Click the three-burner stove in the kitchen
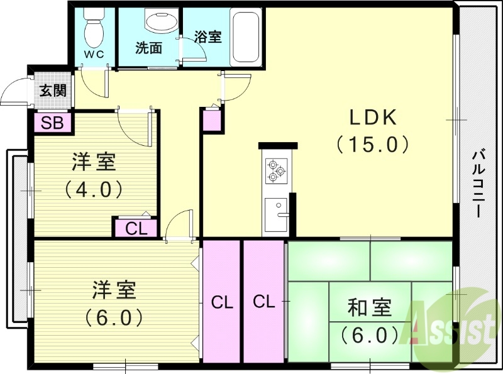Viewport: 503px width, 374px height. click(x=275, y=170)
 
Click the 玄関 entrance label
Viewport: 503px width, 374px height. click(x=53, y=90)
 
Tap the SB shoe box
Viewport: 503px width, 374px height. click(x=53, y=122)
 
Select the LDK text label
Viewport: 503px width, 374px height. click(x=372, y=118)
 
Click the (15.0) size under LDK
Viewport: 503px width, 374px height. click(x=372, y=144)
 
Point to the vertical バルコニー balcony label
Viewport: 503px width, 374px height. click(x=478, y=183)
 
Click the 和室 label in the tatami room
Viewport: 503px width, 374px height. click(x=370, y=307)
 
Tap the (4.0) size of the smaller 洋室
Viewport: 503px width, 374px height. click(x=93, y=188)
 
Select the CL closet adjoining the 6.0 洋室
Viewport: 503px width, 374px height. click(x=221, y=302)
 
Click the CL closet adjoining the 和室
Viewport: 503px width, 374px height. click(x=265, y=302)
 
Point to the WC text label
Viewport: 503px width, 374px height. click(x=94, y=54)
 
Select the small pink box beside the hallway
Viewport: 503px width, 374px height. click(x=212, y=120)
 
